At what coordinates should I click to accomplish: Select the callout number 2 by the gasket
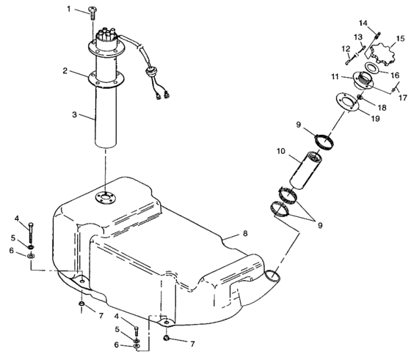[65, 71]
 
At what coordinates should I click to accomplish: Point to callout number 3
[74, 116]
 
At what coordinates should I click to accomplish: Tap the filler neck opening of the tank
[272, 276]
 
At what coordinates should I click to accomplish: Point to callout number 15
[400, 38]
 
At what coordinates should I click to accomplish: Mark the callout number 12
[346, 50]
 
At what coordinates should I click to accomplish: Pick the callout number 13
[358, 37]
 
